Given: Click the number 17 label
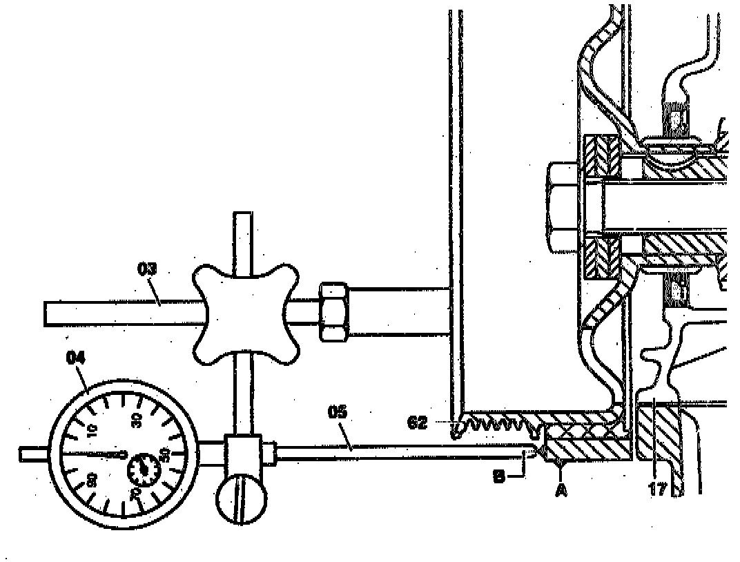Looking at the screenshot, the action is pyautogui.click(x=656, y=490).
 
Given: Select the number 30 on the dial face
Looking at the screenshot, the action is pyautogui.click(x=136, y=419).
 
